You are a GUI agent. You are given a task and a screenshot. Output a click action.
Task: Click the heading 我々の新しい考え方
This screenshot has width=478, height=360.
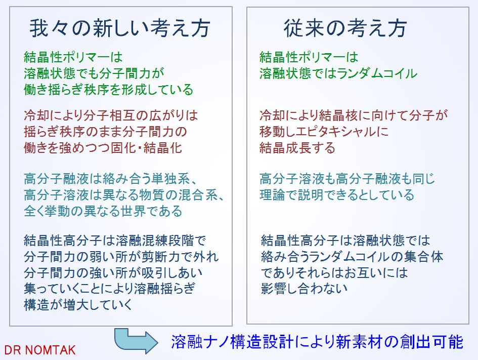120,28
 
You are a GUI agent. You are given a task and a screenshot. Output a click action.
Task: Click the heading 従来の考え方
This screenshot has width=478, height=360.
345,28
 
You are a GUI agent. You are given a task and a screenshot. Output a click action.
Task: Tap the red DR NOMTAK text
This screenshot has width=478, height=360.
40,350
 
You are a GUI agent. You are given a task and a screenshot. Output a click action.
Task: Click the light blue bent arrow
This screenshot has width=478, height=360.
136,341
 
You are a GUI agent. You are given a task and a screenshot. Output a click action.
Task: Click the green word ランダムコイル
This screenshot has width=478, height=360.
377,73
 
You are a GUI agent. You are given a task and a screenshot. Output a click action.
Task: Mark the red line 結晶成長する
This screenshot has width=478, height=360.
297,148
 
